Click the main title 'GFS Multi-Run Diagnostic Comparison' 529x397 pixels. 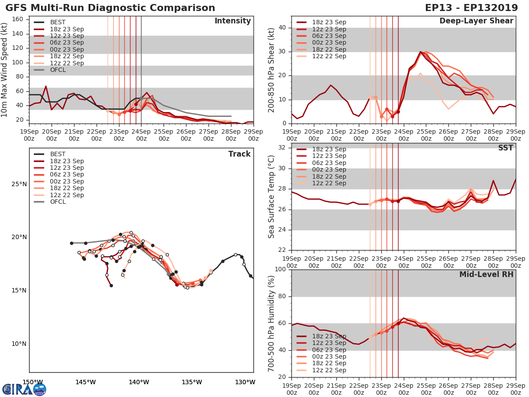tap(110, 8)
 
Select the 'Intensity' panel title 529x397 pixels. tap(232, 21)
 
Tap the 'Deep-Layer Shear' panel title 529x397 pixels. tap(476, 21)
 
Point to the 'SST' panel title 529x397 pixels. tap(505, 148)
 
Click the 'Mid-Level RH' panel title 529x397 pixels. tap(486, 274)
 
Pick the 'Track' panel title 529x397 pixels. tap(239, 154)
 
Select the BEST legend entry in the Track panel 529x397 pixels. tap(58, 154)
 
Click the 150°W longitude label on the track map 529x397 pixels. tap(33, 382)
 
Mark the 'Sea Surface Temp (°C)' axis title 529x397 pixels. tap(272, 196)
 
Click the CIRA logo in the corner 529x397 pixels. tap(24, 389)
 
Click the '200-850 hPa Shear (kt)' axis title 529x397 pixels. tap(272, 70)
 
